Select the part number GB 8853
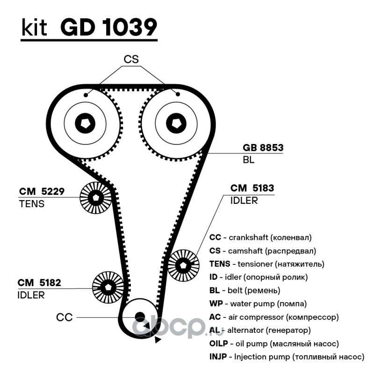pyautogui.click(x=263, y=148)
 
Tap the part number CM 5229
pyautogui.click(x=42, y=191)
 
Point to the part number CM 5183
pyautogui.click(x=252, y=188)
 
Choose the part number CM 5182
pyautogui.click(x=39, y=283)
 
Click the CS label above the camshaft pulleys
pyautogui.click(x=131, y=59)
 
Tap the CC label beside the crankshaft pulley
pyautogui.click(x=65, y=317)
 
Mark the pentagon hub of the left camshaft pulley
pyautogui.click(x=85, y=123)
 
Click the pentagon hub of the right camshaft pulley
pyautogui.click(x=176, y=123)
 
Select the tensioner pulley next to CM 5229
pyautogui.click(x=96, y=197)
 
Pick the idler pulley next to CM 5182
pyautogui.click(x=108, y=287)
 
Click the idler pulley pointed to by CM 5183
pyautogui.click(x=183, y=265)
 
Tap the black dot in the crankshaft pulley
pyautogui.click(x=140, y=317)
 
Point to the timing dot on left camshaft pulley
pyautogui.click(x=86, y=95)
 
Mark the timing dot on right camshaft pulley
pyautogui.click(x=178, y=94)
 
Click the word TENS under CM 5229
pyautogui.click(x=32, y=204)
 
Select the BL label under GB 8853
pyautogui.click(x=249, y=160)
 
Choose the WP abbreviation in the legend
pyautogui.click(x=216, y=303)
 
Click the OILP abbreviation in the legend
pyautogui.click(x=218, y=344)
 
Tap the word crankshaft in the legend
pyautogui.click(x=248, y=237)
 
